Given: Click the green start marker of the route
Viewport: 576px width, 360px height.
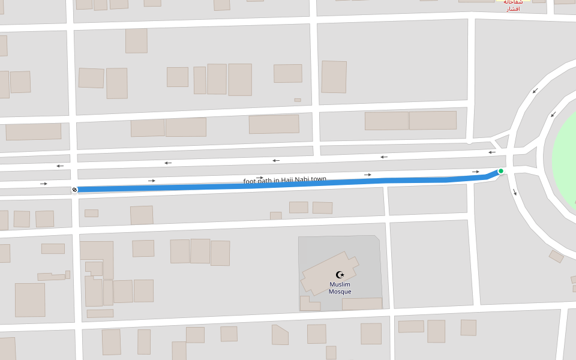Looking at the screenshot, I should click(501, 171).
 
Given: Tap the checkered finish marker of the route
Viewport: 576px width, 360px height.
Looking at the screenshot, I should click(74, 190).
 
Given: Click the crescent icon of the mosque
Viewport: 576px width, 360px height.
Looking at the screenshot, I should click(340, 275).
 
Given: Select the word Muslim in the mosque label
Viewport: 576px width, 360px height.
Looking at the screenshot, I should click(340, 284).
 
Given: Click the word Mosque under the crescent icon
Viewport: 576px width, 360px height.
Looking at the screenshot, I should click(340, 292).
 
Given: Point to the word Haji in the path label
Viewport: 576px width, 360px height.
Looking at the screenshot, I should click(289, 180).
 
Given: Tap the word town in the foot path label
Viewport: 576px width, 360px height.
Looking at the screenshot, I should click(319, 179).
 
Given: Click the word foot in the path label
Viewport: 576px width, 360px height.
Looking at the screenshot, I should click(249, 181).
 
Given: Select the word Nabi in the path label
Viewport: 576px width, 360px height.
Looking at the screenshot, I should click(304, 179).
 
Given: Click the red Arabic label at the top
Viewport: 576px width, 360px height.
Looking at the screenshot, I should click(513, 5).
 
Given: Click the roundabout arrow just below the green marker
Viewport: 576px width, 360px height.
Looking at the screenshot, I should click(514, 192).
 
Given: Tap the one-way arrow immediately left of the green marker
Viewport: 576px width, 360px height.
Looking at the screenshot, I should click(475, 172).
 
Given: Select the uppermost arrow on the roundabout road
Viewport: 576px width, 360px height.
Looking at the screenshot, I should click(535, 91).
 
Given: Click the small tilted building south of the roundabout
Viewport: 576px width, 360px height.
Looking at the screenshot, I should click(556, 256).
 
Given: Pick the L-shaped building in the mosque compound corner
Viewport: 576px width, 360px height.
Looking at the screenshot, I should click(308, 304).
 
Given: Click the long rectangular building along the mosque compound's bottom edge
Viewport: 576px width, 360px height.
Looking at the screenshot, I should click(362, 304).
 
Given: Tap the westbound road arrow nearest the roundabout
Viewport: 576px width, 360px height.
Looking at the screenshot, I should click(491, 152).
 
